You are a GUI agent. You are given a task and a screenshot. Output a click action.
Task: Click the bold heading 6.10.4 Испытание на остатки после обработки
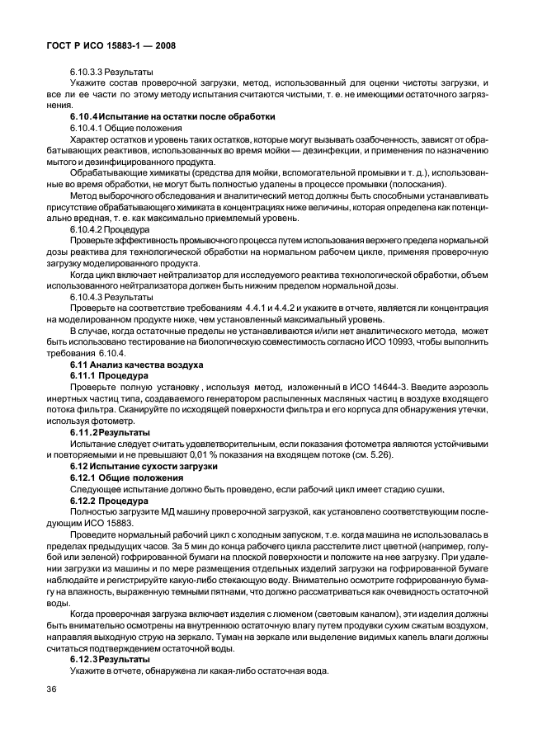pyautogui.click(x=172, y=117)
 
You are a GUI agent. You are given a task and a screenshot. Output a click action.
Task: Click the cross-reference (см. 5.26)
pyautogui.click(x=369, y=454)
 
